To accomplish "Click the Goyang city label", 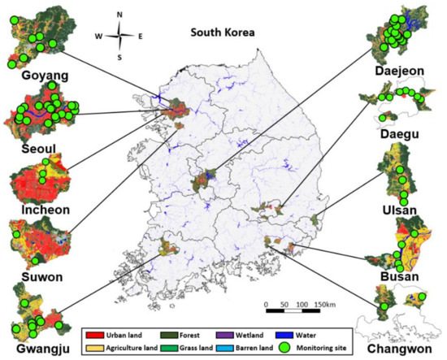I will coord(35,76).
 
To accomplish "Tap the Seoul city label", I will coord(31,133).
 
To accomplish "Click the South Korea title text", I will coord(223,33).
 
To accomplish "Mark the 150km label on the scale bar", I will coord(325,304).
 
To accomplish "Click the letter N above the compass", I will coord(119,15).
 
